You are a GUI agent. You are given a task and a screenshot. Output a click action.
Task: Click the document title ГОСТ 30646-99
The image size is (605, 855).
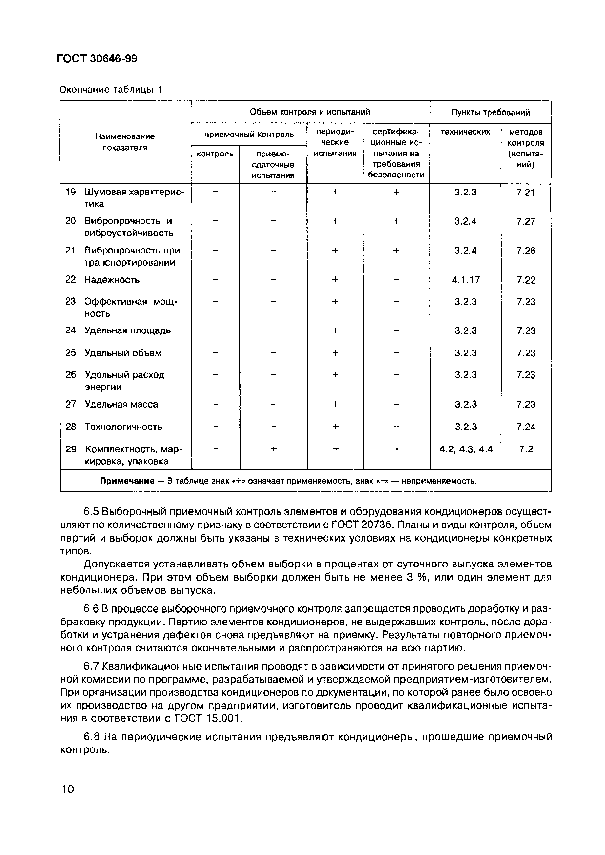(97, 58)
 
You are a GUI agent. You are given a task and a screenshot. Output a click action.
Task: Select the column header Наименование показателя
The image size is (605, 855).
(125, 142)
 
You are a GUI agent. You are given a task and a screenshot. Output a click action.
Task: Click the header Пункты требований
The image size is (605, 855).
(490, 112)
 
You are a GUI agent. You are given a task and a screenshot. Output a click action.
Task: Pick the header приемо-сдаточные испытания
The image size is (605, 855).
(273, 165)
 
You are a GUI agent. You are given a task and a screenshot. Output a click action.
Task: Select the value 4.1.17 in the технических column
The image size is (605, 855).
(466, 280)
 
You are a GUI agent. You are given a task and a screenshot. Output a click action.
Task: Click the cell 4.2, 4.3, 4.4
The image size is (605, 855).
(466, 449)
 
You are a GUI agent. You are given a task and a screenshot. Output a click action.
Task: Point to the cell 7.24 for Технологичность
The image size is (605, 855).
(526, 427)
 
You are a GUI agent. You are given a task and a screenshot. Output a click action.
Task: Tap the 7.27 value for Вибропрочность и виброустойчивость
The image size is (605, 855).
(526, 222)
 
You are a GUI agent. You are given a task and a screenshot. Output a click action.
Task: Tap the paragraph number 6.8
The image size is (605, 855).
(91, 737)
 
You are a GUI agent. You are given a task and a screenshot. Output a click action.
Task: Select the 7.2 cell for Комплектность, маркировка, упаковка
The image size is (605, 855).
(526, 449)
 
